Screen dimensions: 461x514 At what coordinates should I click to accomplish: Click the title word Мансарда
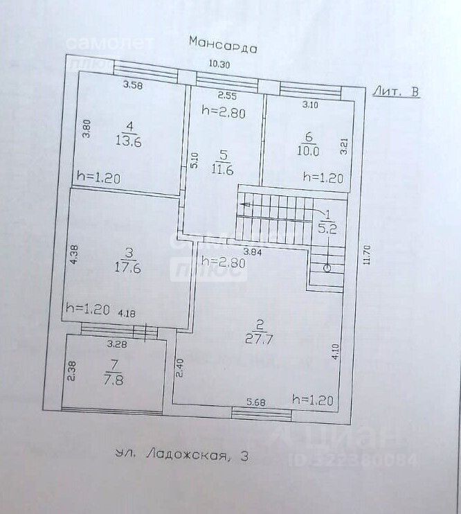[223, 46]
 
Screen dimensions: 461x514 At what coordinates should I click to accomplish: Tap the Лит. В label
[395, 91]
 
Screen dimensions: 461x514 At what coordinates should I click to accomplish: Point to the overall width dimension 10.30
[219, 64]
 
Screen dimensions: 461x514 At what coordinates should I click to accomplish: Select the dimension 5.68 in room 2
[256, 401]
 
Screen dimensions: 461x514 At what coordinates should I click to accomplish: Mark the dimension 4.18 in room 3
[127, 314]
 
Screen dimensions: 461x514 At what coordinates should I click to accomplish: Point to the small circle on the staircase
[327, 267]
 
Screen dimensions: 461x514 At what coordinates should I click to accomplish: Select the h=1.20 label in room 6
[323, 177]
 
